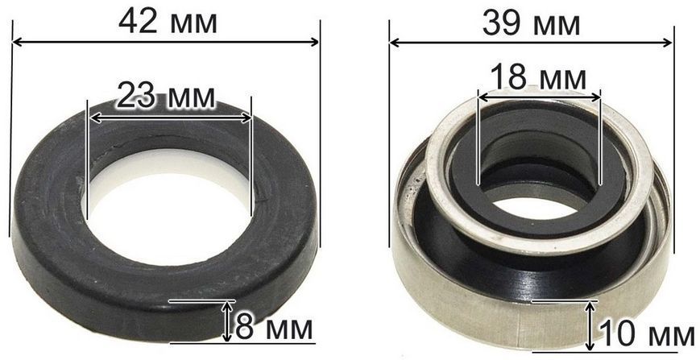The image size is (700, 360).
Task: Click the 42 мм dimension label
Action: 168,22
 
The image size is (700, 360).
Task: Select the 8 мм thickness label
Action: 274,329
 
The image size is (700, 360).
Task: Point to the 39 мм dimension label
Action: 532,23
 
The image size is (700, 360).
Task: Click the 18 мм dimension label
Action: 538,77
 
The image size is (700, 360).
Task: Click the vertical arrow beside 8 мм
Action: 228,321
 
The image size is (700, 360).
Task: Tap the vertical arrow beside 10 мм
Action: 590,326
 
